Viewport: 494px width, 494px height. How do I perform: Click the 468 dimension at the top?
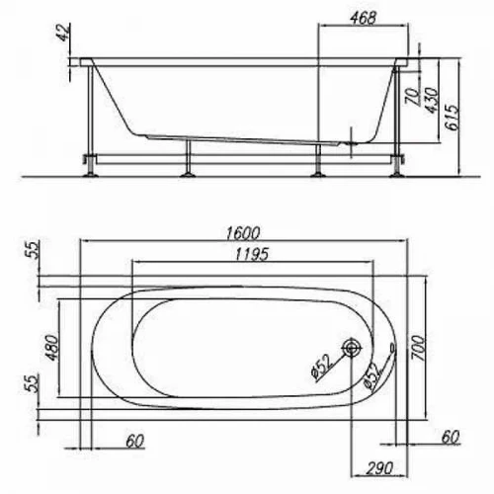[x=363, y=18]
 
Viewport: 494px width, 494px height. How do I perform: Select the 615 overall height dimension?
[x=451, y=118]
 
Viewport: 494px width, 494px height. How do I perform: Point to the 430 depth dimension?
[x=431, y=100]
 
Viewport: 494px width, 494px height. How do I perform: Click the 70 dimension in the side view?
[x=413, y=97]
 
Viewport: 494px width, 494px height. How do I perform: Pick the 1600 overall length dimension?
[x=243, y=233]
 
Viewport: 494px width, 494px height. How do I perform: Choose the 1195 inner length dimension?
[x=252, y=254]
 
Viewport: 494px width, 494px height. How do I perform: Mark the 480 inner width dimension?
[x=50, y=348]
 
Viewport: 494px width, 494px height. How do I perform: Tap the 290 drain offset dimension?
[x=379, y=468]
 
